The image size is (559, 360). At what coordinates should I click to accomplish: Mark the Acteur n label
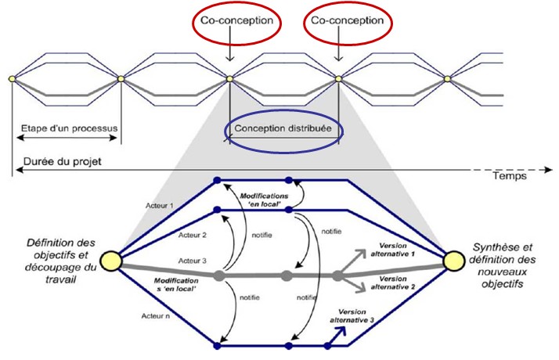pyautogui.click(x=163, y=317)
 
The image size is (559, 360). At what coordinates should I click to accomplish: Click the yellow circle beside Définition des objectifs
pyautogui.click(x=110, y=259)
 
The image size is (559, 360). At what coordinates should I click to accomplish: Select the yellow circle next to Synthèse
pyautogui.click(x=453, y=259)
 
